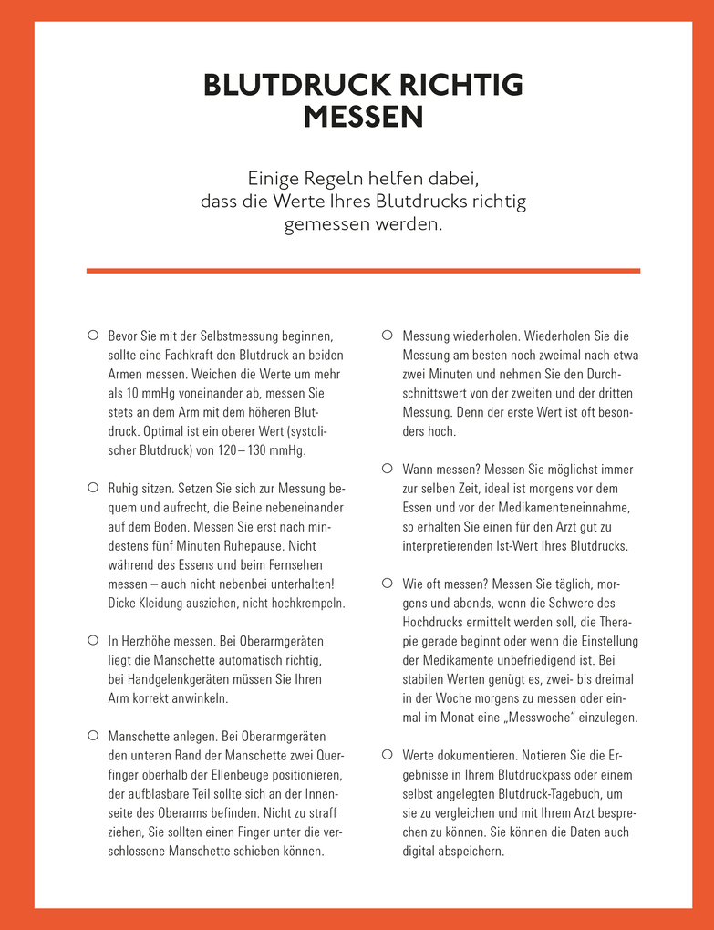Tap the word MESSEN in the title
pyautogui.click(x=363, y=118)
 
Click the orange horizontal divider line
pyautogui.click(x=363, y=270)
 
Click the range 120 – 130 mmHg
pyautogui.click(x=265, y=450)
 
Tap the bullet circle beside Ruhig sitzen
pyautogui.click(x=92, y=488)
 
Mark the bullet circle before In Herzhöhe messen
pyautogui.click(x=92, y=641)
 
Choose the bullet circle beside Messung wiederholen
pyautogui.click(x=387, y=335)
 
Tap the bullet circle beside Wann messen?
pyautogui.click(x=387, y=468)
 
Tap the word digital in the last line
pyautogui.click(x=423, y=852)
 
